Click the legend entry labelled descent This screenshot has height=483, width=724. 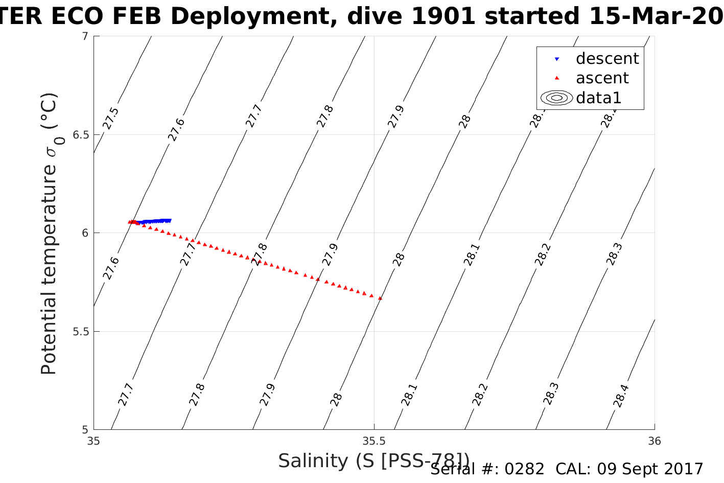(x=607, y=59)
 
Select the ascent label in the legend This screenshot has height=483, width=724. (x=602, y=78)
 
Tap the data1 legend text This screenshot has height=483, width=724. (x=598, y=98)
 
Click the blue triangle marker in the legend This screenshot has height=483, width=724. (x=557, y=59)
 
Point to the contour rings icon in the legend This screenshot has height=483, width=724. (x=557, y=98)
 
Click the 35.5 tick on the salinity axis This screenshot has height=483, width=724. (x=374, y=441)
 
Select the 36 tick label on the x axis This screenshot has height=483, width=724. (x=655, y=441)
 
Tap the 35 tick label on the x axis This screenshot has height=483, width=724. (x=94, y=441)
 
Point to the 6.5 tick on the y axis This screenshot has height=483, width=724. (x=79, y=135)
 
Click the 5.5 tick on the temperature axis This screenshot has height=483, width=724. (x=79, y=332)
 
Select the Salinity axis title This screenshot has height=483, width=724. (x=373, y=461)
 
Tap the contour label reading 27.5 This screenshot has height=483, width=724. (x=111, y=119)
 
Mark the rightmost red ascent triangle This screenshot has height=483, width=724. (x=381, y=298)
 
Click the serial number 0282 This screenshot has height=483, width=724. (x=524, y=469)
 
